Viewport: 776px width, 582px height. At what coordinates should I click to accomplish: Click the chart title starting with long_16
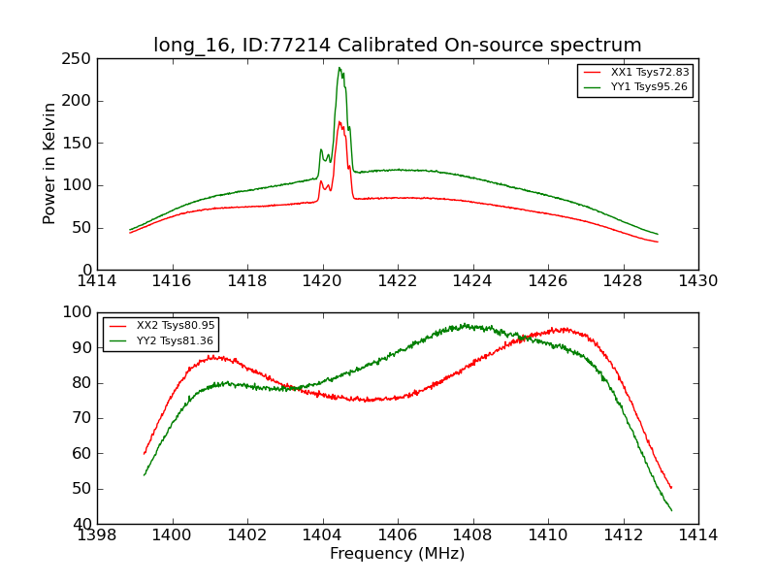coord(398,46)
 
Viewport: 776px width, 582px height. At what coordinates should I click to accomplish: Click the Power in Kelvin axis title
coord(49,163)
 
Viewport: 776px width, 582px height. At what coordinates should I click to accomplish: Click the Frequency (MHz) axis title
coord(398,554)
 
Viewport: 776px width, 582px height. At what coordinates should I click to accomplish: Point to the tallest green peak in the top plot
coord(339,68)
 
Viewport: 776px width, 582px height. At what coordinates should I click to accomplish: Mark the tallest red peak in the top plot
coord(339,122)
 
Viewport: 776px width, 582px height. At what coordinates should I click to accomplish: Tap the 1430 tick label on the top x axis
coord(698,281)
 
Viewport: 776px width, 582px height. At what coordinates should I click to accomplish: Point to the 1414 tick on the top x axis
coord(98,281)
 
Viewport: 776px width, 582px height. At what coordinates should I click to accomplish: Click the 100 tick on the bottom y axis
coord(79,312)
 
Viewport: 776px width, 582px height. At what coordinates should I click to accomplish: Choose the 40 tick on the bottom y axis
coord(82,524)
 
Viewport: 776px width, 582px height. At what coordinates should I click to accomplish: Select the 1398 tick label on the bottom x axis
coord(98,535)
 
